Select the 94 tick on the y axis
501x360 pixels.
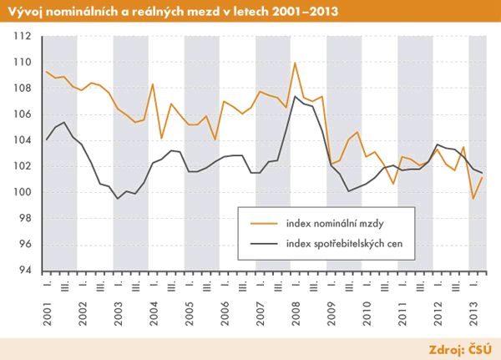click(24, 270)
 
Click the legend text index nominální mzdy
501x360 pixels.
click(334, 223)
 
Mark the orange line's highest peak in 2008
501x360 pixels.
click(295, 63)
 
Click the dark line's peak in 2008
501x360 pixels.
click(295, 96)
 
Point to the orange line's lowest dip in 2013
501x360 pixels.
click(473, 199)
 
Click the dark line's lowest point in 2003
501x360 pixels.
click(118, 198)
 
